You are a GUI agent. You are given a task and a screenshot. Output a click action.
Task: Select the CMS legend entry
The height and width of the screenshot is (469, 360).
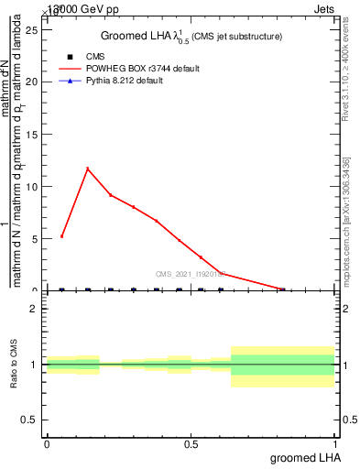point(94,56)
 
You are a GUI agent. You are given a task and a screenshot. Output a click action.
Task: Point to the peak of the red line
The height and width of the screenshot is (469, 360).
point(87,169)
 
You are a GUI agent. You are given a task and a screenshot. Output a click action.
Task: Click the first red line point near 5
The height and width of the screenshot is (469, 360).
point(61,236)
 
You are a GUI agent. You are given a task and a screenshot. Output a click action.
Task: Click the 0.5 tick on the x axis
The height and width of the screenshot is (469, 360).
point(191,444)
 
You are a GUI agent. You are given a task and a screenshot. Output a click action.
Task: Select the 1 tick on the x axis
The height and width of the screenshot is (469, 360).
point(334,444)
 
